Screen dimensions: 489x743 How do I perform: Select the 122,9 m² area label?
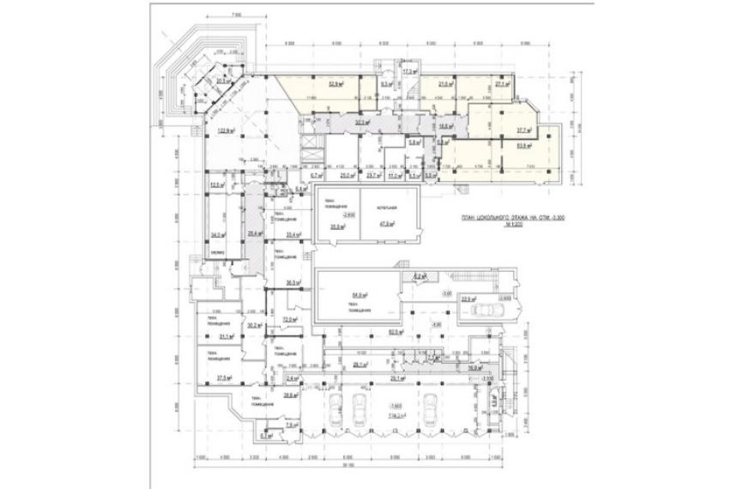click(226, 130)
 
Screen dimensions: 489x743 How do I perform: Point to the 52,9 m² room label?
click(335, 85)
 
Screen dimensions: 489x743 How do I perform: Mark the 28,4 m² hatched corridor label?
click(254, 232)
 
